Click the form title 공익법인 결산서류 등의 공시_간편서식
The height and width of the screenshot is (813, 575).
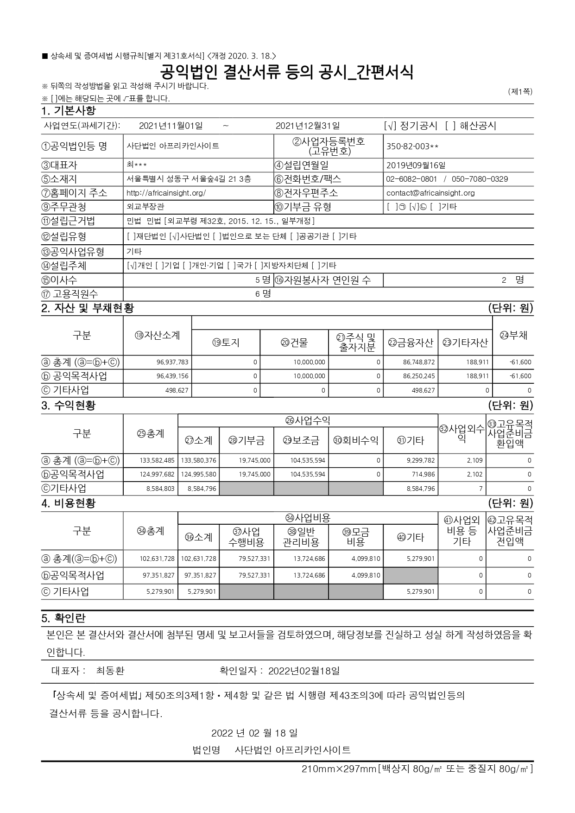287,72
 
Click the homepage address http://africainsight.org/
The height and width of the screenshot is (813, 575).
166,193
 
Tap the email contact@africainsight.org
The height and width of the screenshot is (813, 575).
430,193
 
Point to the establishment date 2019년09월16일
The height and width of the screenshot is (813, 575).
416,165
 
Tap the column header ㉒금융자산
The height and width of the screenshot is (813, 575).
411,343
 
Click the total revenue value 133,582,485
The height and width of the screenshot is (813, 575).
157,461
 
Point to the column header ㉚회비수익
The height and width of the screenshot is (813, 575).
356,440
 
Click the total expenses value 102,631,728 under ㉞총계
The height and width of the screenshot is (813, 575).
157,559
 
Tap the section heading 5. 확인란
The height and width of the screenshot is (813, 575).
63,618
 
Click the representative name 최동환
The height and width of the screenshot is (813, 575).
110,671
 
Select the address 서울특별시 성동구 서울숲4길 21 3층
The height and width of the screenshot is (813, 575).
189,179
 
